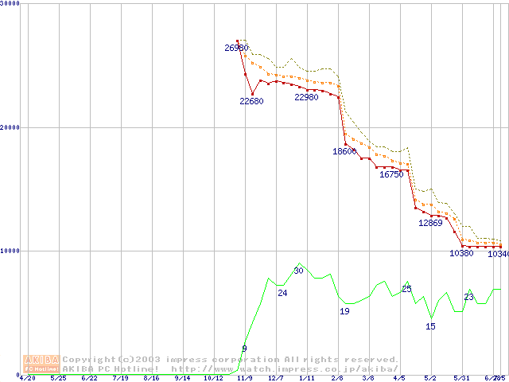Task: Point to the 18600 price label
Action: click(x=344, y=151)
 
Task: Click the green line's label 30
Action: click(x=299, y=271)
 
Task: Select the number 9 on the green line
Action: click(x=244, y=349)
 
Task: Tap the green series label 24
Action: click(x=282, y=293)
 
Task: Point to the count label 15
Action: click(x=430, y=326)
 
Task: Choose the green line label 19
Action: click(x=344, y=311)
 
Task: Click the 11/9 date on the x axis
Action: click(x=244, y=378)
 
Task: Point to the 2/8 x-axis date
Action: click(x=337, y=378)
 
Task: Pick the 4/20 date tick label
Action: click(x=27, y=378)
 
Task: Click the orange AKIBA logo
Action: click(x=41, y=363)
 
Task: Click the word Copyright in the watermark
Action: click(x=89, y=360)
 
